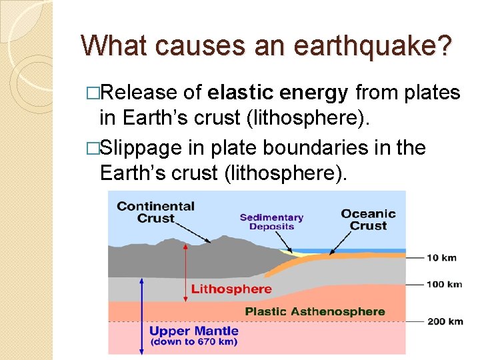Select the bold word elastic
click(241, 93)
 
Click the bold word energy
click(314, 93)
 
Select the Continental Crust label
click(155, 212)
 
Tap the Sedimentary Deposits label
click(271, 222)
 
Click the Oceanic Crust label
click(368, 219)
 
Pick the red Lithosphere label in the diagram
click(231, 289)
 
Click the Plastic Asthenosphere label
click(315, 311)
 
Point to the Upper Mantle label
click(193, 331)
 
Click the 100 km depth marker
click(444, 284)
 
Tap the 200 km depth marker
click(445, 321)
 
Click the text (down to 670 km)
click(194, 342)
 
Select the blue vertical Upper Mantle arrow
click(141, 317)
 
